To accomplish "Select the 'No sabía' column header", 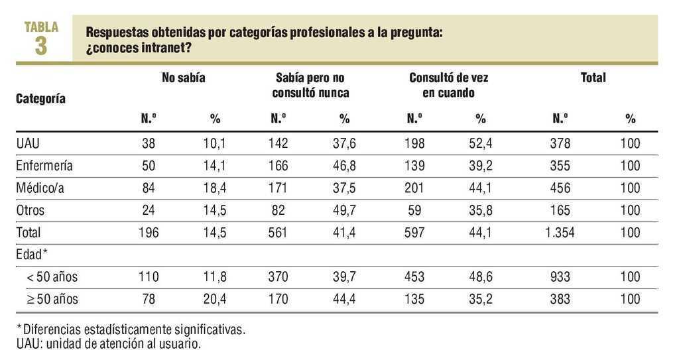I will click(184, 78).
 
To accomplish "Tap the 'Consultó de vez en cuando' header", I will click(448, 86).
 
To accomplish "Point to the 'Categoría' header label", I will click(40, 99).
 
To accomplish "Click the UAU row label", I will click(29, 144).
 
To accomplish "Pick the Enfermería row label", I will click(44, 166).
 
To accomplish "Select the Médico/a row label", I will click(40, 188).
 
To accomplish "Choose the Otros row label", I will click(31, 210).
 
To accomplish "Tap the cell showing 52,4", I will click(481, 144).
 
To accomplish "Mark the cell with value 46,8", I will click(344, 166).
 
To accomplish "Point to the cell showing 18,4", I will click(215, 188).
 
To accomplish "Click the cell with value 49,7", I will click(344, 210).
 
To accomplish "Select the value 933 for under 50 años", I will click(560, 277).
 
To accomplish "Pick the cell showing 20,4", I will click(215, 299).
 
